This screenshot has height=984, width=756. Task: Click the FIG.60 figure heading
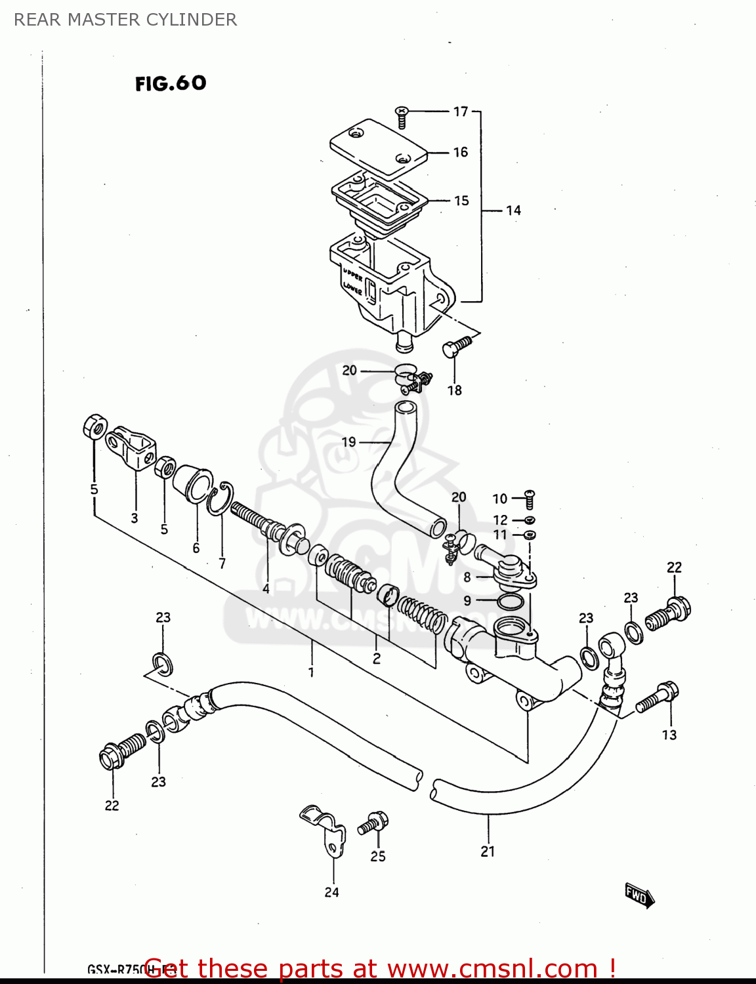point(171,83)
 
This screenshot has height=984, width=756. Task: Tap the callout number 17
point(461,112)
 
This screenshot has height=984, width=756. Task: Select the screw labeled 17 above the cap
point(402,117)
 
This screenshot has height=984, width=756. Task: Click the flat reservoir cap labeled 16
point(377,148)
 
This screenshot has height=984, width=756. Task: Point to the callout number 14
point(513,211)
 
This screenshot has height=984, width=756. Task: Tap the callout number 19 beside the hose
point(349,442)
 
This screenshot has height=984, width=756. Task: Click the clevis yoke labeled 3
point(133,446)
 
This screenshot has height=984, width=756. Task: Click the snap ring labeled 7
point(220,499)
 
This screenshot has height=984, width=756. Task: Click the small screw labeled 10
point(529,500)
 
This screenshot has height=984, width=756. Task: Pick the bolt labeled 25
point(373,823)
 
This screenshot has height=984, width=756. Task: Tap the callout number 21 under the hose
point(488,851)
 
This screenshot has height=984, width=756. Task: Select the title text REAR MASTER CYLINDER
point(125,20)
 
